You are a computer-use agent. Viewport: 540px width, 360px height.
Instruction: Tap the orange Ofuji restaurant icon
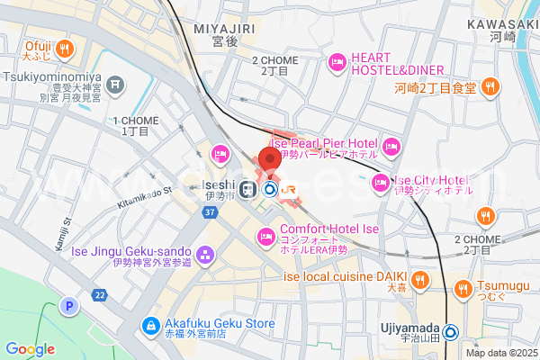point(65,48)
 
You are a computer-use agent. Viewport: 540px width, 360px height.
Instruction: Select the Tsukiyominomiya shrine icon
point(115,85)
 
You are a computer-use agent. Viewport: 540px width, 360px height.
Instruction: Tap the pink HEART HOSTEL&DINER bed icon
point(337,62)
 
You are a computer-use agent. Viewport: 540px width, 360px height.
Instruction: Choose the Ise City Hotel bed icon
point(379,184)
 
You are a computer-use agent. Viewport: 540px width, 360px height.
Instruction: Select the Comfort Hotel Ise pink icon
point(265,238)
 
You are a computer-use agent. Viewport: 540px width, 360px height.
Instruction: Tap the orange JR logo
point(289,189)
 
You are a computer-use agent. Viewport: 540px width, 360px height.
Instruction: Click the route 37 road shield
point(210,212)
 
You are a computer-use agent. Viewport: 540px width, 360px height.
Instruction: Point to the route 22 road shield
point(99,295)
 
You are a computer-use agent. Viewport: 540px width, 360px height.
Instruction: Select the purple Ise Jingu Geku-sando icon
point(206,256)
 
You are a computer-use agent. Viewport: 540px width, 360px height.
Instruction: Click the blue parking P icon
point(68,307)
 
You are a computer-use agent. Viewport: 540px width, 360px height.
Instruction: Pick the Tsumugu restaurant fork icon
point(464,288)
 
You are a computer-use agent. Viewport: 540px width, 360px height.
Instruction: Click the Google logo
point(30,349)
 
